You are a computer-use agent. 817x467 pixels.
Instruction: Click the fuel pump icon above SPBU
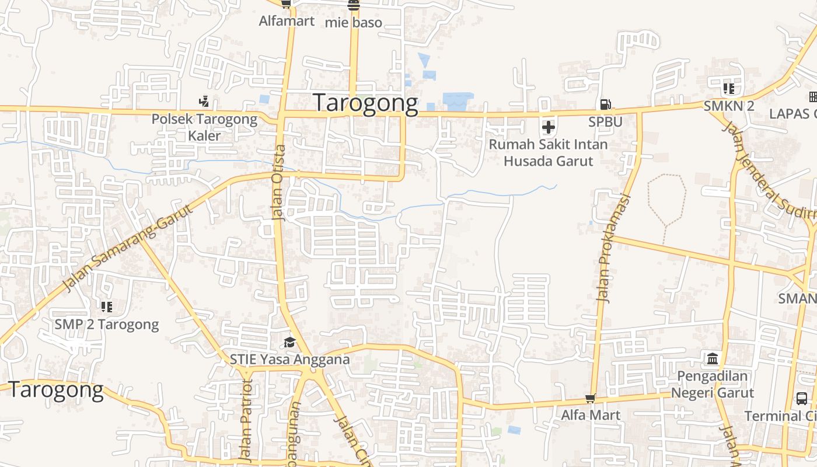605,104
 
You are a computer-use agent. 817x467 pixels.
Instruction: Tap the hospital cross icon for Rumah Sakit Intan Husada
548,127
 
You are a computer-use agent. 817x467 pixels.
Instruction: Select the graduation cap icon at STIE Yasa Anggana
289,342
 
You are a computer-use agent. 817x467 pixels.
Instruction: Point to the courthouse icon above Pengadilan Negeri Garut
713,358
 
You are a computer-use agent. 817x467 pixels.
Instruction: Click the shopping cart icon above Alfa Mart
591,399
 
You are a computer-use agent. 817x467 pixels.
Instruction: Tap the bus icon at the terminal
802,399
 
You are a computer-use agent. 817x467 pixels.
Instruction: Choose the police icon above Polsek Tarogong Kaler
204,102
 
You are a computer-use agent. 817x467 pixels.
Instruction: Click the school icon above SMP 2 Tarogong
106,306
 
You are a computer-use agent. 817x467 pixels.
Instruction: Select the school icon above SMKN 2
728,89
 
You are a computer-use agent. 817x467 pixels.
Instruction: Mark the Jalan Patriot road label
247,420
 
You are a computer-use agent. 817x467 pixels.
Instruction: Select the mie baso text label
353,23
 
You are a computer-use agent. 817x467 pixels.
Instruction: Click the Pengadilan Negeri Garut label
712,384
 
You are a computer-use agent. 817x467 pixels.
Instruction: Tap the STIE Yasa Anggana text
289,359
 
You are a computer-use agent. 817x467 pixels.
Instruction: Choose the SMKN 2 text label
728,106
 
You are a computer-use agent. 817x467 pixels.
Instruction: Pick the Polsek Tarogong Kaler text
204,127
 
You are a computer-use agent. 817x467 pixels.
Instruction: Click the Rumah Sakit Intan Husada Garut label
548,152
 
